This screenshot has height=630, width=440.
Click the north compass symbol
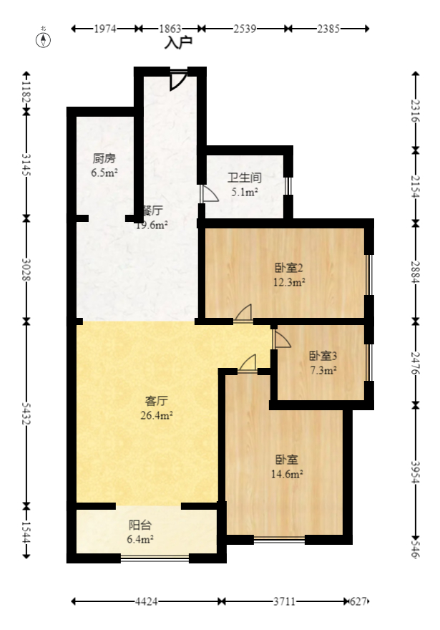tap(44, 39)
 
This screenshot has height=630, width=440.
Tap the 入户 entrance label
tap(178, 43)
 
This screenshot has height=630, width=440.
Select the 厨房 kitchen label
tap(104, 159)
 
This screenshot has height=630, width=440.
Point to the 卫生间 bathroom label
tap(245, 178)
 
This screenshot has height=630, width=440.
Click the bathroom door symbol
tap(209, 194)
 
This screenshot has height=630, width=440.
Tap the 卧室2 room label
tap(290, 268)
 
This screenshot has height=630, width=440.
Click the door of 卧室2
tap(244, 312)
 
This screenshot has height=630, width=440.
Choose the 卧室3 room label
tap(323, 356)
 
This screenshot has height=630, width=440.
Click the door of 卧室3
tap(280, 339)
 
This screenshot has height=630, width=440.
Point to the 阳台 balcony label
tap(140, 525)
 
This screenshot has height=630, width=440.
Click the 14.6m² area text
tap(289, 474)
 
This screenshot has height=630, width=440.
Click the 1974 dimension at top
tap(105, 29)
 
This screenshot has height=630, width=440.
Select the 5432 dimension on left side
tap(26, 412)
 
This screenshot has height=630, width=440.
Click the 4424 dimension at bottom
tap(147, 602)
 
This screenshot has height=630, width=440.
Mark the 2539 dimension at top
tap(245, 29)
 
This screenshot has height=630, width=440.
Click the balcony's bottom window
tap(155, 557)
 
